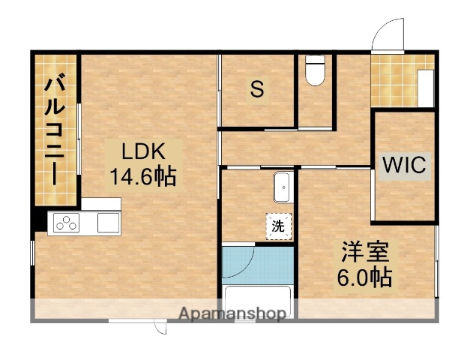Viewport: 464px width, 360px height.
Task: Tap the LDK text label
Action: [x=142, y=151]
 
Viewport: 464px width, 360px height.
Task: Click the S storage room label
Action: [x=257, y=90]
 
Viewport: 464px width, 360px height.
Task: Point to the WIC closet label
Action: [x=405, y=166]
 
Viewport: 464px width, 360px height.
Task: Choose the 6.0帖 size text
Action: [x=364, y=277]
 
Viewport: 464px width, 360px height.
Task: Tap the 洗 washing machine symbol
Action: [x=278, y=226]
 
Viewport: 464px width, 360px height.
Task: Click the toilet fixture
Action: [x=315, y=72]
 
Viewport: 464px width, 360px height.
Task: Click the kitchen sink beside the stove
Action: [x=109, y=223]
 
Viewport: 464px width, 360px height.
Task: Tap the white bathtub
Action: [x=257, y=300]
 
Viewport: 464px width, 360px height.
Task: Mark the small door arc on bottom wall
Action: [x=160, y=327]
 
